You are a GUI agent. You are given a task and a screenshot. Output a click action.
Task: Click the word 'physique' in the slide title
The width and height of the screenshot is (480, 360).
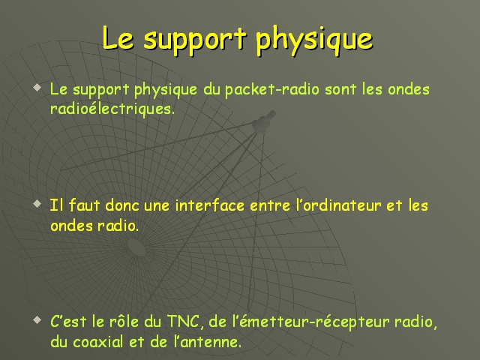click(x=314, y=40)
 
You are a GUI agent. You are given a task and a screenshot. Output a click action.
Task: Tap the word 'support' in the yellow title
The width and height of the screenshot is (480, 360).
click(x=195, y=41)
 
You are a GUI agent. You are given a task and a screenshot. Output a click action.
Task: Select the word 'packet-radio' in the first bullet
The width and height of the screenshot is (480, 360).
click(x=272, y=89)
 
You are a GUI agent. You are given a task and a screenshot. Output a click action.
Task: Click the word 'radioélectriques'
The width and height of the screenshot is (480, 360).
click(x=112, y=108)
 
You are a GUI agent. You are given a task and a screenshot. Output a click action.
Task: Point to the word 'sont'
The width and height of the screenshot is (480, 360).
click(x=340, y=89)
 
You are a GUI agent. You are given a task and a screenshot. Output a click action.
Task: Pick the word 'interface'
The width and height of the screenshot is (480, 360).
click(x=210, y=205)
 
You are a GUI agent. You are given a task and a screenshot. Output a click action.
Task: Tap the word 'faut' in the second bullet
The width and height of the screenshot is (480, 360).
click(x=84, y=205)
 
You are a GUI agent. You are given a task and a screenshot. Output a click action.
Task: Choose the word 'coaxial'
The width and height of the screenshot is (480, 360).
click(x=98, y=342)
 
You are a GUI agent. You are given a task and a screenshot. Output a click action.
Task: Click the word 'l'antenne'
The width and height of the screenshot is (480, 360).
click(x=208, y=342)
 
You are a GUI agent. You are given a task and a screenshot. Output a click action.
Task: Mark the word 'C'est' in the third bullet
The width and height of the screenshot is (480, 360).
click(x=68, y=322)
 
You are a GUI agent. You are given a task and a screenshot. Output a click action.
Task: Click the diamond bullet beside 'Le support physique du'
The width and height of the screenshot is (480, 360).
click(x=37, y=88)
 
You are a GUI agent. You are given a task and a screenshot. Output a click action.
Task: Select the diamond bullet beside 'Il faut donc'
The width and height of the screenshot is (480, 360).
click(x=37, y=203)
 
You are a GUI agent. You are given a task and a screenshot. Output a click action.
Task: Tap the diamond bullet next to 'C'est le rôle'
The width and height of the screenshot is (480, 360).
click(x=37, y=320)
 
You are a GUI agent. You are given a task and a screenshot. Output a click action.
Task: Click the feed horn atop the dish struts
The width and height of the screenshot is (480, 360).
click(x=264, y=122)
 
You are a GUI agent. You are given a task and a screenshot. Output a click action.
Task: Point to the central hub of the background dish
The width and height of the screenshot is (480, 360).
click(x=136, y=247)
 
